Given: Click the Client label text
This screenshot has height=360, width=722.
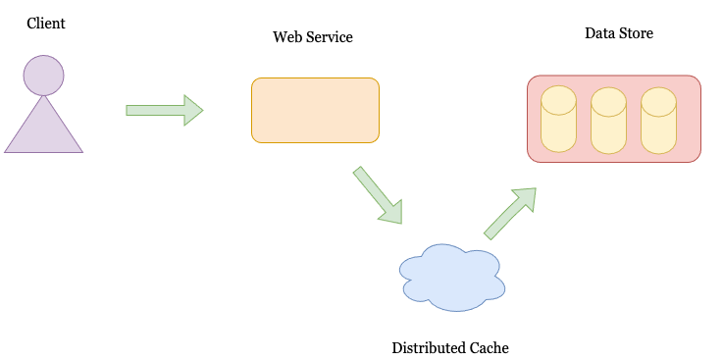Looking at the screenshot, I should click(x=46, y=23).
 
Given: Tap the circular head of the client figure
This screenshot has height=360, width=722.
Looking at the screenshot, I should click(x=44, y=76).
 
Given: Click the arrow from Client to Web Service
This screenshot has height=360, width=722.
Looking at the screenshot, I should click(x=163, y=110).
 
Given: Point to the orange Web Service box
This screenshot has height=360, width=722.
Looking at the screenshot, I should click(x=315, y=110).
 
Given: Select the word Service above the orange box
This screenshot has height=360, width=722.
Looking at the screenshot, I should click(x=330, y=37).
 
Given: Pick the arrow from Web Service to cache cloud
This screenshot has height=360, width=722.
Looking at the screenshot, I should click(x=377, y=194).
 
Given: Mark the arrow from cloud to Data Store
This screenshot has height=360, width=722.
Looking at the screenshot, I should click(x=509, y=214).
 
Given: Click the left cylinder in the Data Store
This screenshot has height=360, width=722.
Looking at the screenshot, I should click(x=558, y=120).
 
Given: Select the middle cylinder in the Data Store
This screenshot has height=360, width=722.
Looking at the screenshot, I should click(x=608, y=120).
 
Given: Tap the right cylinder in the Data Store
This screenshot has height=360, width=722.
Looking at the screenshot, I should click(x=658, y=120).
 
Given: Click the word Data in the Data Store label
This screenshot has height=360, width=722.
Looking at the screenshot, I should click(x=599, y=33).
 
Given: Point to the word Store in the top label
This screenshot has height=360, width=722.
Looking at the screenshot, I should click(x=636, y=33).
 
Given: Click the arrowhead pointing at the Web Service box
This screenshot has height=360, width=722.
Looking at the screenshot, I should click(x=193, y=110).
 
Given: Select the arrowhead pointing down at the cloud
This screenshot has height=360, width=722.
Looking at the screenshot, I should click(x=392, y=211).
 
